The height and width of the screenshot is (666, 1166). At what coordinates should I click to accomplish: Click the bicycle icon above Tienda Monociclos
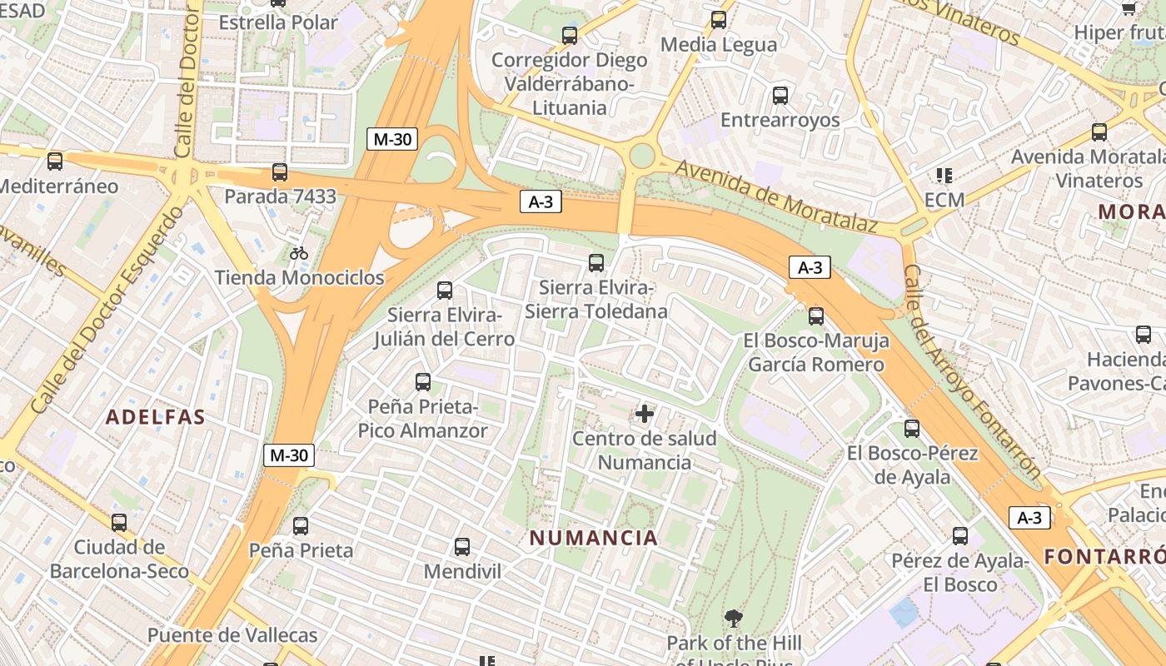(x=299, y=253)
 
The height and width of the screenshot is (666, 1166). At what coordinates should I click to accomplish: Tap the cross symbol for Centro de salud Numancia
(x=645, y=413)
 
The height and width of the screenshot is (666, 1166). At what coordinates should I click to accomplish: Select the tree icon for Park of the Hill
(x=734, y=619)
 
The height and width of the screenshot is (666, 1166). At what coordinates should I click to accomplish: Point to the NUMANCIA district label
(x=594, y=538)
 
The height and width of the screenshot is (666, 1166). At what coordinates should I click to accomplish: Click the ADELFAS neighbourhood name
(x=156, y=417)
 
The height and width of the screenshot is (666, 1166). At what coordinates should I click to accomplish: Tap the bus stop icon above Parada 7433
(x=280, y=173)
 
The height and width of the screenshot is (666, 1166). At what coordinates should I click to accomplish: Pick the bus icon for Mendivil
(x=462, y=547)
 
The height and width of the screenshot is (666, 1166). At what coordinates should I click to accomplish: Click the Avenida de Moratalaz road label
(x=776, y=196)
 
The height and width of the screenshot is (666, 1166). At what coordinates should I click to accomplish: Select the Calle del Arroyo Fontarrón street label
(x=971, y=372)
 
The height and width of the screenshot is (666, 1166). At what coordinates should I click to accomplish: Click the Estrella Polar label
(x=278, y=22)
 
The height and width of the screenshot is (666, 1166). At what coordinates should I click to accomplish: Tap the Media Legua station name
(x=718, y=44)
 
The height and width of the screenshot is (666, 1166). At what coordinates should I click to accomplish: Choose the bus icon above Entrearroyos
(x=780, y=96)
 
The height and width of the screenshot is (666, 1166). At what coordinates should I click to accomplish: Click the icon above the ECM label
(x=944, y=176)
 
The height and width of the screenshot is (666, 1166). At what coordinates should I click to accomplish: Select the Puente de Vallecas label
(x=232, y=635)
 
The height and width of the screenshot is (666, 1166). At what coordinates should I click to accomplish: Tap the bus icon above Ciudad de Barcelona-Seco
(x=119, y=523)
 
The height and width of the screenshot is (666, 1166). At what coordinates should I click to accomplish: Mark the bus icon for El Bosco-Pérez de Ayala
(x=912, y=429)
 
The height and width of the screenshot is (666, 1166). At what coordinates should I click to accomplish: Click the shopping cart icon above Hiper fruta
(x=1129, y=8)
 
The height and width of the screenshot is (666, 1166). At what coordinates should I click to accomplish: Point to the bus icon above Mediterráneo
(x=55, y=162)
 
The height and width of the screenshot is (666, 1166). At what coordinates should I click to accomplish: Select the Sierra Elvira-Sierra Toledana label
(x=596, y=300)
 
